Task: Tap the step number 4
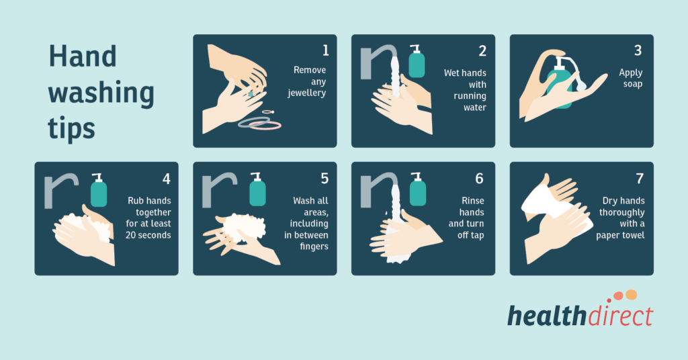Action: coord(167,179)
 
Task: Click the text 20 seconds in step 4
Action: coord(148,235)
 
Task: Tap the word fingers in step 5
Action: coord(311,246)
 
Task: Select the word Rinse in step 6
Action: coord(472,201)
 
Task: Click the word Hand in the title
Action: coord(82,56)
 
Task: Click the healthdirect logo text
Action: coord(579,315)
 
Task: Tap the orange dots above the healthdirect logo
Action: coord(625,296)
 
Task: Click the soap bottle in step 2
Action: coord(417,63)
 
